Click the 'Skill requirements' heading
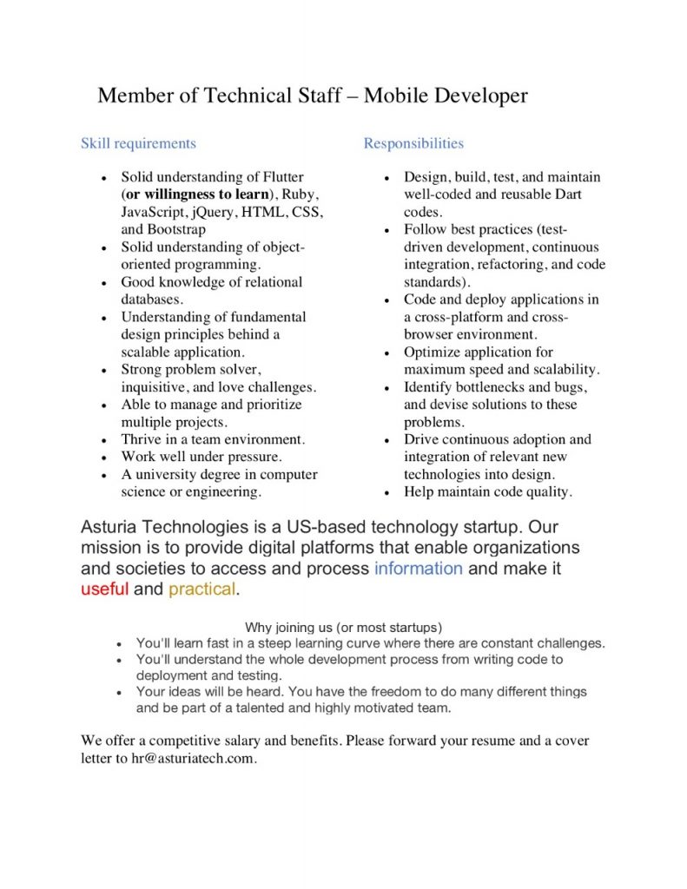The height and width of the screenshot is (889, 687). [x=138, y=143]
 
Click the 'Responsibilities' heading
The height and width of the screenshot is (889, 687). [x=413, y=143]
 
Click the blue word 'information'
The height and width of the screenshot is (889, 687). [x=418, y=569]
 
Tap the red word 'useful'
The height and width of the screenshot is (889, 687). [x=104, y=589]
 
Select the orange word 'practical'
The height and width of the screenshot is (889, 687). [x=201, y=589]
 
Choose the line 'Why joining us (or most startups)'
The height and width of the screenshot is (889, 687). [x=344, y=627]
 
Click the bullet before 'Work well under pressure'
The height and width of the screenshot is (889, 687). [x=103, y=458]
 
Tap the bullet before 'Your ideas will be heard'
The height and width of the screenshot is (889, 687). [x=119, y=693]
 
